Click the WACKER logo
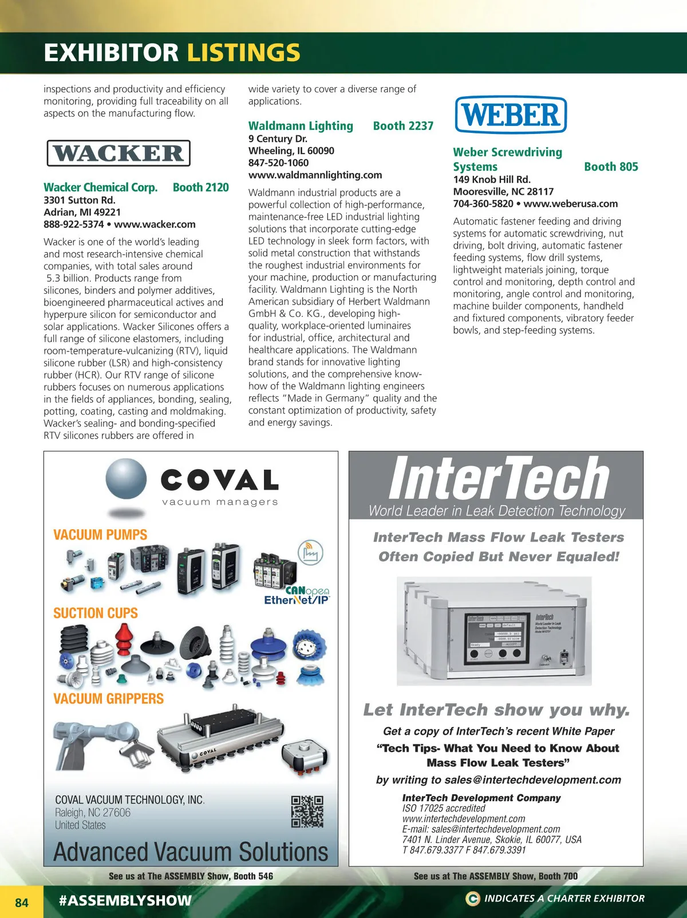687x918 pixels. pyautogui.click(x=118, y=153)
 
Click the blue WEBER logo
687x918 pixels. pyautogui.click(x=510, y=115)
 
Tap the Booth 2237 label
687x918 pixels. pyautogui.click(x=403, y=126)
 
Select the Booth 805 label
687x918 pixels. pyautogui.click(x=610, y=167)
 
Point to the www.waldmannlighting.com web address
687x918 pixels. pyautogui.click(x=315, y=175)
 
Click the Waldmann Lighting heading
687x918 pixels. pyautogui.click(x=301, y=126)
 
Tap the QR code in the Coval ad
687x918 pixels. pyautogui.click(x=307, y=811)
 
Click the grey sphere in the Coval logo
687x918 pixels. pyautogui.click(x=126, y=480)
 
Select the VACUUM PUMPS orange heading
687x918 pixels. pyautogui.click(x=100, y=535)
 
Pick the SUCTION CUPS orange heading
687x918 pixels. pyautogui.click(x=96, y=613)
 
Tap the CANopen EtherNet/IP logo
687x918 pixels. pyautogui.click(x=298, y=596)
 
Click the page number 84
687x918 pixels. pyautogui.click(x=22, y=903)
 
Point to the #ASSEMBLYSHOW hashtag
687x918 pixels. pyautogui.click(x=125, y=900)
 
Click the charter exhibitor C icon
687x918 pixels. pyautogui.click(x=472, y=899)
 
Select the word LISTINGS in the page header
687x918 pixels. pyautogui.click(x=243, y=53)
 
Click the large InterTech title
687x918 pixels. pyautogui.click(x=498, y=479)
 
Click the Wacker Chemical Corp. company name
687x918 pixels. pyautogui.click(x=100, y=187)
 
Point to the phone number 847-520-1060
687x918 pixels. pyautogui.click(x=278, y=163)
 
